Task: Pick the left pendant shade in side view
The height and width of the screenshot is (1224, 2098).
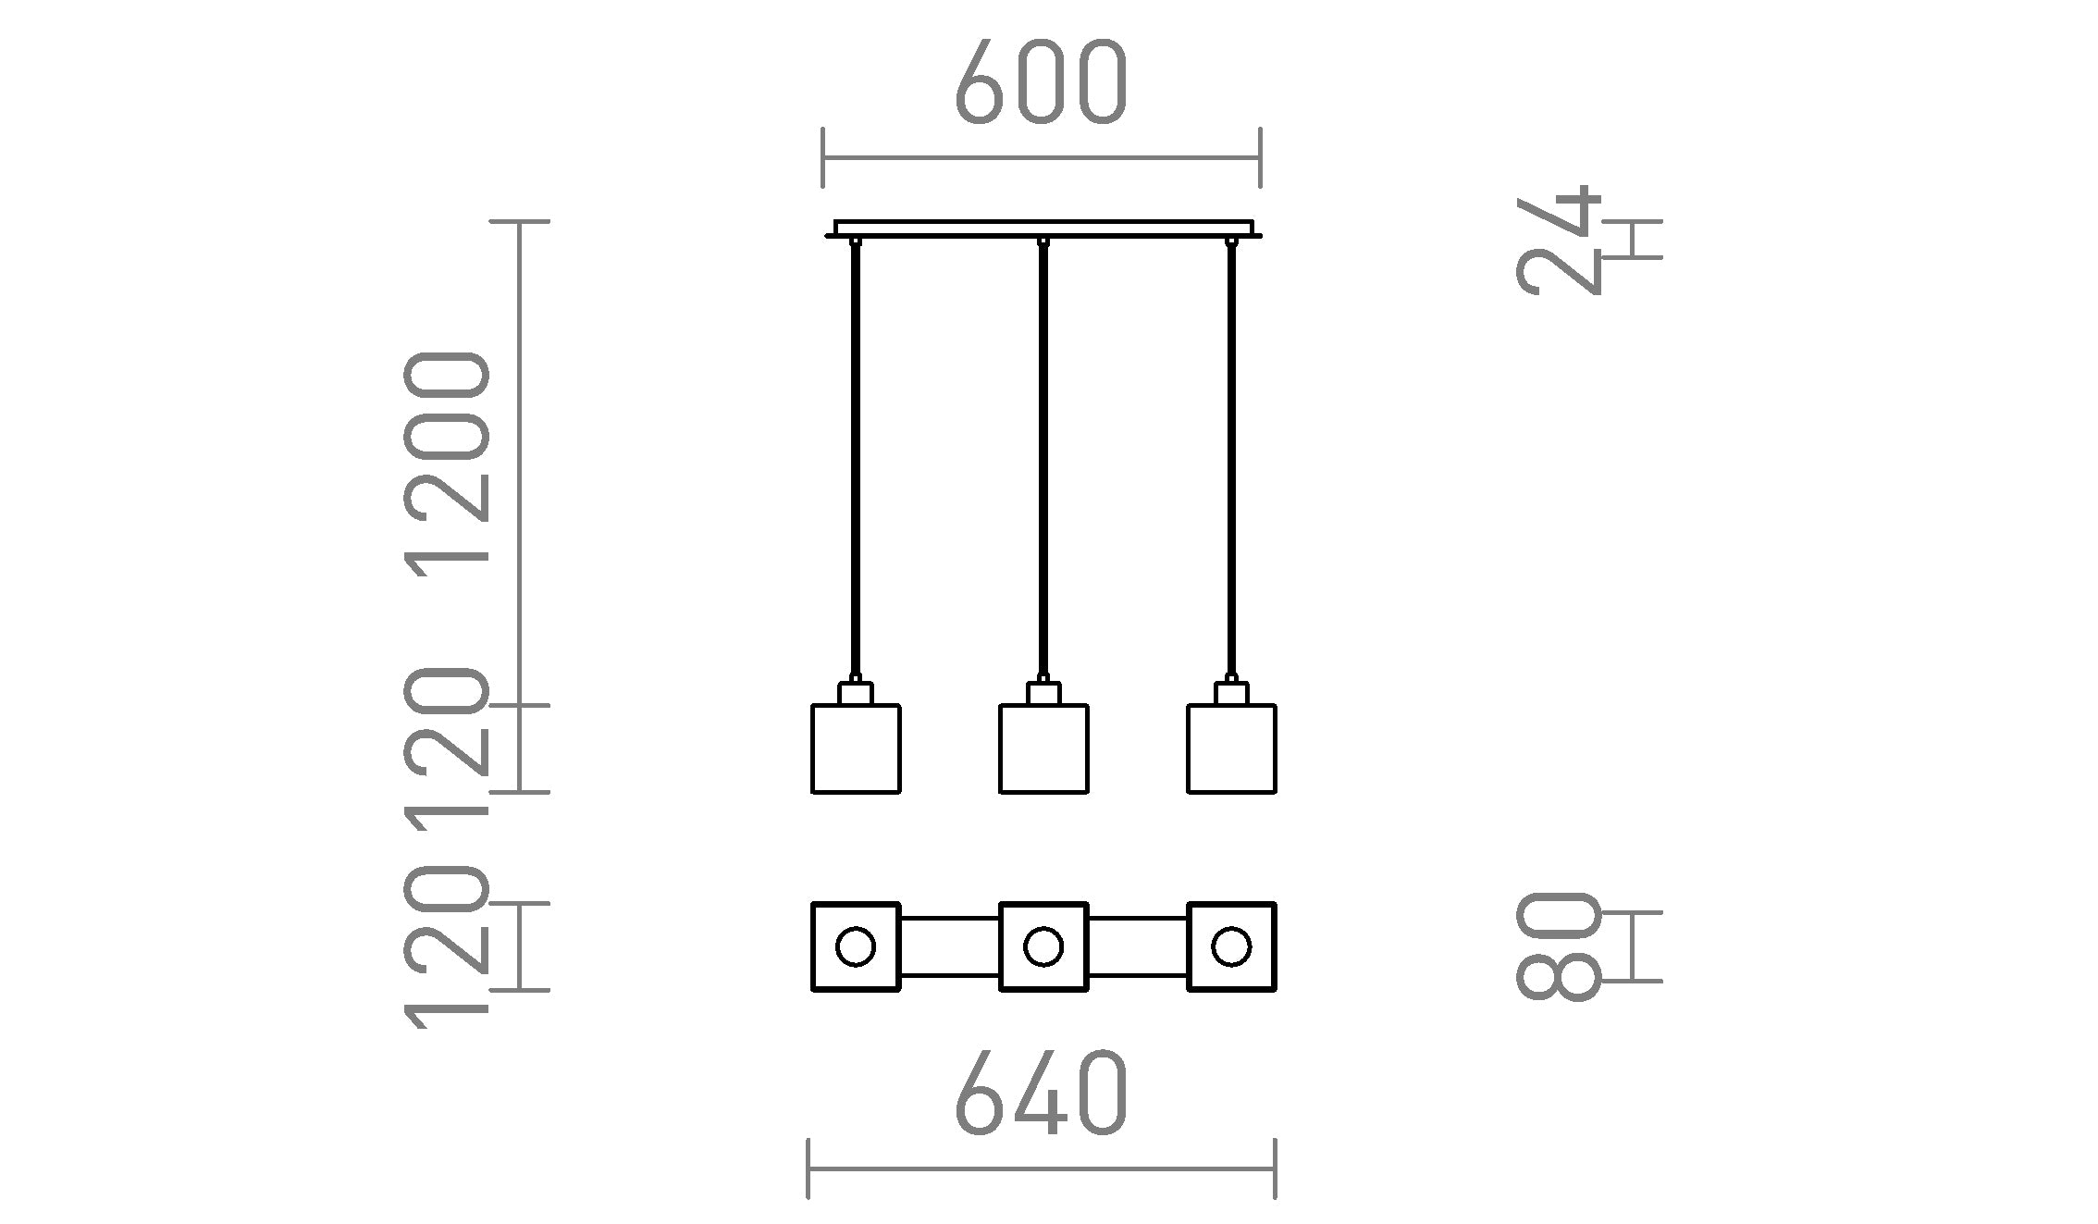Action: (x=856, y=748)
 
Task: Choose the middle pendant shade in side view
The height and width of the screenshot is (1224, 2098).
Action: (x=1043, y=748)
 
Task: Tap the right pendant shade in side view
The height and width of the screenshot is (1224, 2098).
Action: (x=1231, y=748)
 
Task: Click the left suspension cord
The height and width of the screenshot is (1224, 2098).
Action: (x=856, y=463)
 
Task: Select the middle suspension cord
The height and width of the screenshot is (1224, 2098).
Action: (x=1043, y=463)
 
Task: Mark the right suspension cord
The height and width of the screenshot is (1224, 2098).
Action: (x=1231, y=463)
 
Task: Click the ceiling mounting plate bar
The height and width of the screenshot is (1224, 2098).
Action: (x=1043, y=229)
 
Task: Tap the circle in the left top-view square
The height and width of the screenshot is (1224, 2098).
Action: (x=855, y=946)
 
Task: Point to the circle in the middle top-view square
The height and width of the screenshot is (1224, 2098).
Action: (x=1043, y=946)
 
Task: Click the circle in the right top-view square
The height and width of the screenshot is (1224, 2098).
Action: (x=1231, y=946)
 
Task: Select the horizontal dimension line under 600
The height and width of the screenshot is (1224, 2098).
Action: (x=1041, y=158)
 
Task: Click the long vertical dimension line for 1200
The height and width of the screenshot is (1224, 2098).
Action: (x=520, y=463)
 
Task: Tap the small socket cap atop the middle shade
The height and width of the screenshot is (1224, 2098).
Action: (x=1043, y=694)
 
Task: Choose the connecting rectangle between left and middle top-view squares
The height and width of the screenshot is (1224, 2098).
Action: (x=950, y=946)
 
